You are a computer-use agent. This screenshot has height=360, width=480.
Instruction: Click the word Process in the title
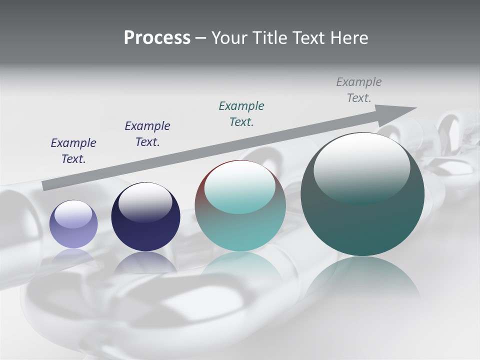[x=157, y=38]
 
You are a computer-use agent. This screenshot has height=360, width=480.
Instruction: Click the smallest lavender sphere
[x=73, y=224]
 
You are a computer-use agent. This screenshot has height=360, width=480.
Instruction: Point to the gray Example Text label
[x=359, y=90]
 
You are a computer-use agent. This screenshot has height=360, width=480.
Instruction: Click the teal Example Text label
[x=241, y=113]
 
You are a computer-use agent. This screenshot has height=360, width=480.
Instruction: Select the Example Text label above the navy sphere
[x=147, y=133]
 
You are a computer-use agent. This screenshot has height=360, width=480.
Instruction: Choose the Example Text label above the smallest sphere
[x=73, y=150]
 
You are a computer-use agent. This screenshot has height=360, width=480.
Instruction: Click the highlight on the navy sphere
[x=145, y=200]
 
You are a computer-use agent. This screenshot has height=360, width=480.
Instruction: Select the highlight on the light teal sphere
[x=240, y=186]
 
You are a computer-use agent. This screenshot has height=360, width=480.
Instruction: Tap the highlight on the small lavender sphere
[x=73, y=214]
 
